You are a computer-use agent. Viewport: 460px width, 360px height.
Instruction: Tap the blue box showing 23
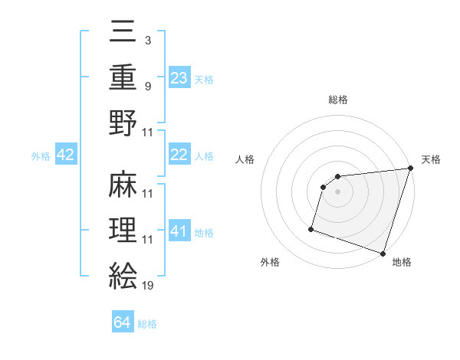[x=179, y=77]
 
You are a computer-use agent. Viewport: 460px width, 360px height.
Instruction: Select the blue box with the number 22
[x=179, y=155]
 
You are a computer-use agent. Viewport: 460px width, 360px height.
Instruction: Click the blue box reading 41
[x=179, y=231]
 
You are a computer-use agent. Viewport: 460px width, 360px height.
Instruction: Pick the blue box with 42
[x=66, y=155]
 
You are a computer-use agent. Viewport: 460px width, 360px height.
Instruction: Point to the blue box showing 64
[x=123, y=323]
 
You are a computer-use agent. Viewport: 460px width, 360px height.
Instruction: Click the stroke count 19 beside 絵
[x=147, y=286]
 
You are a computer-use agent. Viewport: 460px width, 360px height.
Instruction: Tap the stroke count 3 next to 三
[x=147, y=39]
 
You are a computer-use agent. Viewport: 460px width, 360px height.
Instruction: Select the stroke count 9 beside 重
[x=147, y=86]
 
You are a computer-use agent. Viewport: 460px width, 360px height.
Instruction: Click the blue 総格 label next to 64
[x=147, y=324]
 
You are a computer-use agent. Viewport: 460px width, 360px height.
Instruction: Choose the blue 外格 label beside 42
[x=41, y=156]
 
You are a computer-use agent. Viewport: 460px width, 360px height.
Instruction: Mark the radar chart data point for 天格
[x=410, y=169]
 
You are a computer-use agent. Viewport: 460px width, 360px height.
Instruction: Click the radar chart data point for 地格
[x=383, y=253]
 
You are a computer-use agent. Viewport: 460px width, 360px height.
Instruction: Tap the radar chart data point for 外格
[x=312, y=228]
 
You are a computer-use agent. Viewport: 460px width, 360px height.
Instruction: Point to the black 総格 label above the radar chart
[x=338, y=100]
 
